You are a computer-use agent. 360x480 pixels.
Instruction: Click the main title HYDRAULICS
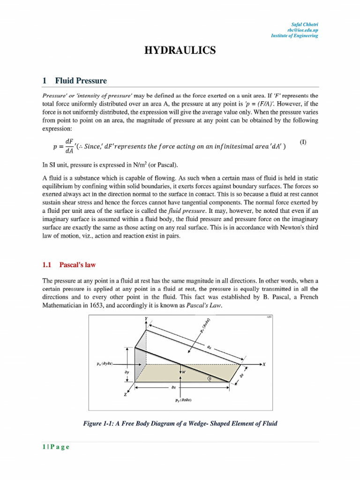tap(180, 51)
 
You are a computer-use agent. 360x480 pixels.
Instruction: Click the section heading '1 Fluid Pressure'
tap(75, 81)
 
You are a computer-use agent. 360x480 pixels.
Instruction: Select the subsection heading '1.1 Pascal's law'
tap(69, 265)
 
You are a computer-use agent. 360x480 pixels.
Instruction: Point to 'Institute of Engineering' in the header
tap(294, 36)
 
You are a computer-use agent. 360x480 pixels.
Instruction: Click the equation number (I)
tap(303, 142)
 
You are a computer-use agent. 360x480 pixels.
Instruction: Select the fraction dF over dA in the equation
tap(69, 146)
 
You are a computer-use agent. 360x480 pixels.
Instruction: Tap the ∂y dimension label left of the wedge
tap(127, 372)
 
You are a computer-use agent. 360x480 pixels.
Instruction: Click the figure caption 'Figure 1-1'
tap(180, 423)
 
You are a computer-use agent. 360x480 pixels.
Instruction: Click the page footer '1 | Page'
tap(56, 447)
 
